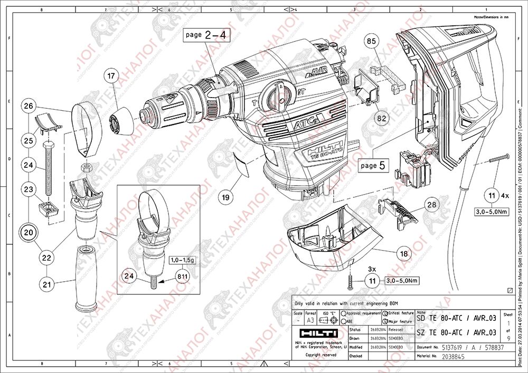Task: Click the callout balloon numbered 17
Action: [111, 76]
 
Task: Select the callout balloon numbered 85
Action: [371, 41]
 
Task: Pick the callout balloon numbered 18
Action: [404, 254]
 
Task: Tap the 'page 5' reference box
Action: [375, 165]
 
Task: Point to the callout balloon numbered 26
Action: [29, 106]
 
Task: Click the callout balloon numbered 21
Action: [48, 284]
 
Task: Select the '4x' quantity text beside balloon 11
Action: [505, 195]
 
